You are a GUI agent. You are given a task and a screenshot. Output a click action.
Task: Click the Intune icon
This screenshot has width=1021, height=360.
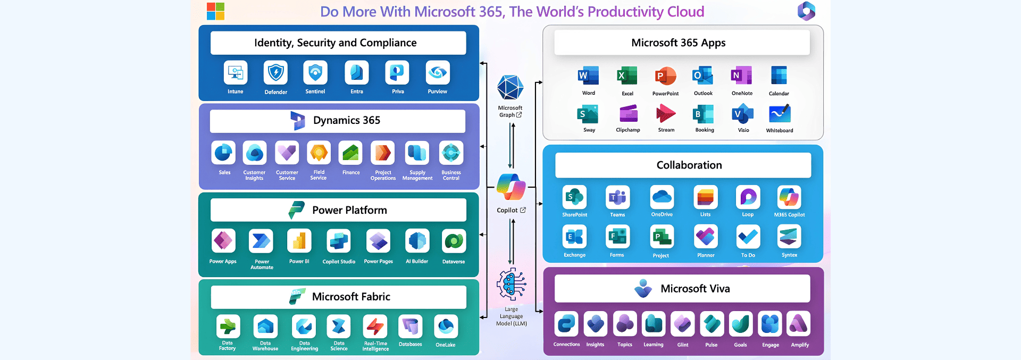point(236,73)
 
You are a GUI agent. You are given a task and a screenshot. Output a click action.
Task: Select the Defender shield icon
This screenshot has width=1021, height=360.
point(275,73)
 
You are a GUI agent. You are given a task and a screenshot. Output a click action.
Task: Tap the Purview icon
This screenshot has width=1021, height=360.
point(438,73)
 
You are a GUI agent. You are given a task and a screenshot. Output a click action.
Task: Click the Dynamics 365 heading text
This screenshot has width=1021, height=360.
point(346,121)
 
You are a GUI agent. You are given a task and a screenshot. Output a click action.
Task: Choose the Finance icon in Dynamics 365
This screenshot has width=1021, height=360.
point(350,153)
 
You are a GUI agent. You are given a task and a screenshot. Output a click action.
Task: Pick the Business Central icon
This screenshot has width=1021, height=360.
point(451,153)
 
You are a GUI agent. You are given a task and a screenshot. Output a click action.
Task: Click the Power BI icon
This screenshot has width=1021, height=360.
point(299,241)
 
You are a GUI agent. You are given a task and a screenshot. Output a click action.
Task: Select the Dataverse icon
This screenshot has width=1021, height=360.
point(454,241)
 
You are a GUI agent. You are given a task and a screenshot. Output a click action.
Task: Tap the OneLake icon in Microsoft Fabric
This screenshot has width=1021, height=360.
point(446,326)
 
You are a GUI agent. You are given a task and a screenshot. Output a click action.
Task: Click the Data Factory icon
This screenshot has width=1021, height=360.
point(228,326)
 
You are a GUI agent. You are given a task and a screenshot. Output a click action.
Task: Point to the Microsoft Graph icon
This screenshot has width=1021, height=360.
point(510,88)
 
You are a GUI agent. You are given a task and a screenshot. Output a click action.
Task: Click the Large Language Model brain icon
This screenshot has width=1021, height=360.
point(511,284)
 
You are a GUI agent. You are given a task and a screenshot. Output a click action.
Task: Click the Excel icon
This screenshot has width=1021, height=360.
point(627,76)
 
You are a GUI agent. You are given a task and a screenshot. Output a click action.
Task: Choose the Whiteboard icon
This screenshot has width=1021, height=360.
point(780,114)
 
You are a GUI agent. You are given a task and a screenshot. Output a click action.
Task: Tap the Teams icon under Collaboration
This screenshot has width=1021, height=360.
point(617,198)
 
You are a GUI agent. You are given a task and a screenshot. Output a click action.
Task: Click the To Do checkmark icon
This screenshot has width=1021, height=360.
point(748,237)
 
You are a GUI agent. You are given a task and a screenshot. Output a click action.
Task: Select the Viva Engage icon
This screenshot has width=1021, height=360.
point(769,324)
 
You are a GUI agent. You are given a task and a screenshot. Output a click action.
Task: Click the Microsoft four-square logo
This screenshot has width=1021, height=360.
point(215,11)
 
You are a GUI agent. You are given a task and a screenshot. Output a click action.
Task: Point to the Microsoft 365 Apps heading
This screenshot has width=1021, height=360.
point(678,43)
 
